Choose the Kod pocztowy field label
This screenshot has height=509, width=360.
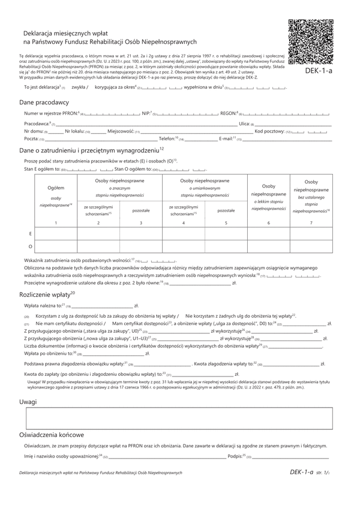[268, 131]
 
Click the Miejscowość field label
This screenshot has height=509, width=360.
[121, 131]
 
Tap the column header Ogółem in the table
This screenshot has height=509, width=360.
[55, 188]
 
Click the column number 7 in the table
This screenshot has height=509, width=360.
[311, 223]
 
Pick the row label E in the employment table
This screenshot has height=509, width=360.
[30, 233]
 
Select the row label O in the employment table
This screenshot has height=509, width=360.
[30, 246]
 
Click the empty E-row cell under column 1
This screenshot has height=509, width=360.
[56, 233]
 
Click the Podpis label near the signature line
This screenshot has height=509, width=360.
[236, 456]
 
